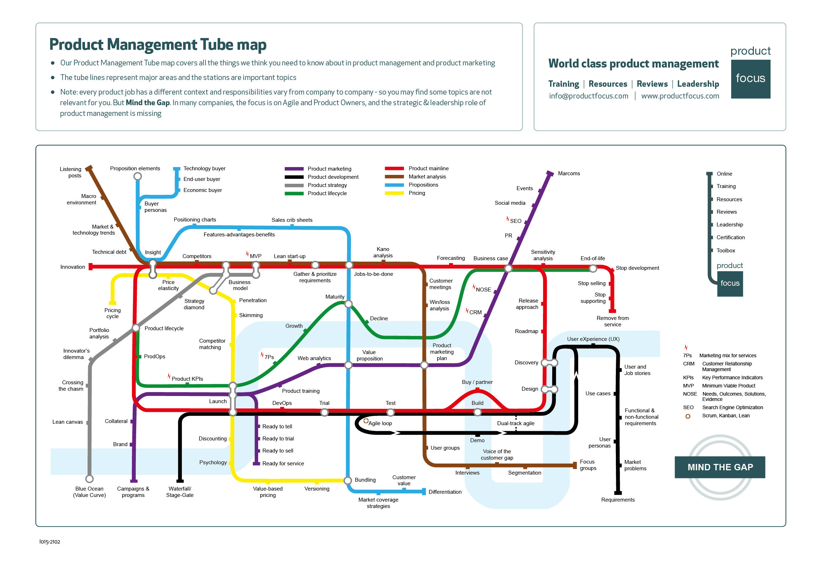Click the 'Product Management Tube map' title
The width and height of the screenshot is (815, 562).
158,45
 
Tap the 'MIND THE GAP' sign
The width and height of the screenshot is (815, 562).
720,467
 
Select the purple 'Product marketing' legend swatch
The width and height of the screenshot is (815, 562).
294,169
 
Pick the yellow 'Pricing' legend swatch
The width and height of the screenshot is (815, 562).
394,193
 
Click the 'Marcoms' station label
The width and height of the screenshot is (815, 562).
569,173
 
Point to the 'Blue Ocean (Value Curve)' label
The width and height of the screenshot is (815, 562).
90,492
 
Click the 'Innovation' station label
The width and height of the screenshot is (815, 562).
73,267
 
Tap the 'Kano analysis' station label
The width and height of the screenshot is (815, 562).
383,252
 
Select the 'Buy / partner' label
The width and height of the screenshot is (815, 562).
477,382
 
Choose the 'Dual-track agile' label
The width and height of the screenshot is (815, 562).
516,423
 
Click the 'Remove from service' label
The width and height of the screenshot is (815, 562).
613,321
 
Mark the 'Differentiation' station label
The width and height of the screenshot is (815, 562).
445,492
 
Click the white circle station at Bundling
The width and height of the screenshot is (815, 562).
348,480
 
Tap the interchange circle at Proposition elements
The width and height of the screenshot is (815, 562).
138,176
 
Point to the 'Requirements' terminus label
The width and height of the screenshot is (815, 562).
618,500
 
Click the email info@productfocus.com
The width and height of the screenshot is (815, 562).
588,96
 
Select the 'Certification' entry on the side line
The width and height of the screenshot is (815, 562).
730,237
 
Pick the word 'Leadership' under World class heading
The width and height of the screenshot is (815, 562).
698,84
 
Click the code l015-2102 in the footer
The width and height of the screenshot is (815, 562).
50,542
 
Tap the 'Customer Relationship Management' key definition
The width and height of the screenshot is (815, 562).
727,366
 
